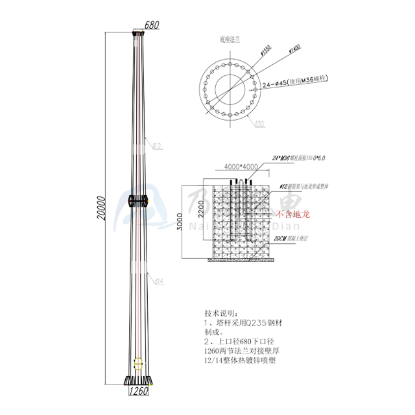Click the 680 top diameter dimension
pyautogui.click(x=151, y=25)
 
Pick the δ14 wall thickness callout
pyautogui.click(x=158, y=280)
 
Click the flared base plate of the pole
pyautogui.click(x=138, y=380)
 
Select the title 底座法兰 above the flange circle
pyautogui.click(x=230, y=39)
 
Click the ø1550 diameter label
pyautogui.click(x=265, y=53)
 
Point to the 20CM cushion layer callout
pyautogui.click(x=290, y=240)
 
